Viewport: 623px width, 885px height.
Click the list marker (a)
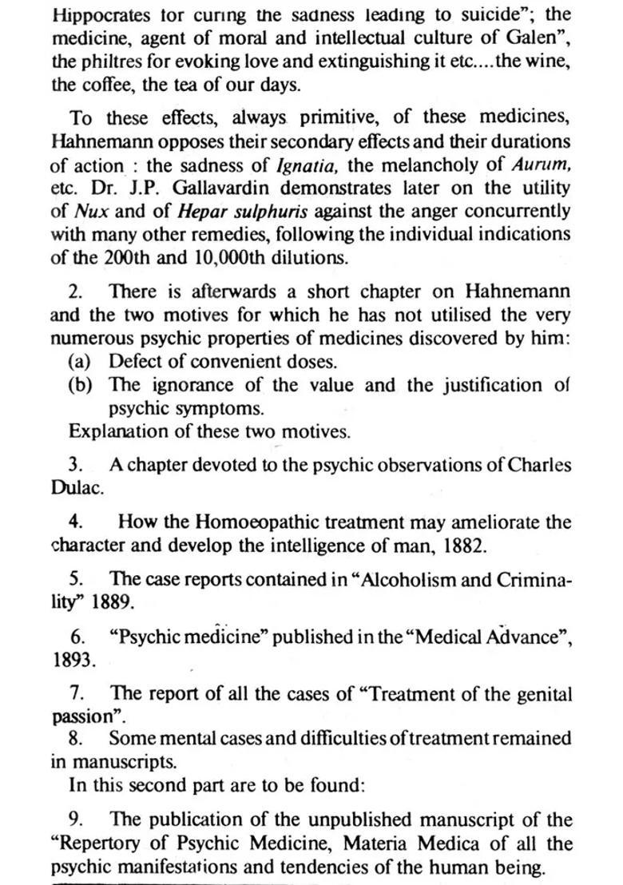click(x=81, y=361)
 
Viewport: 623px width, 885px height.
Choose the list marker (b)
click(x=81, y=384)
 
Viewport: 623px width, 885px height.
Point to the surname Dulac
click(x=77, y=489)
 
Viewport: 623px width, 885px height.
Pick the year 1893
click(x=71, y=661)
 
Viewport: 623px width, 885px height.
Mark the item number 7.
click(x=77, y=693)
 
